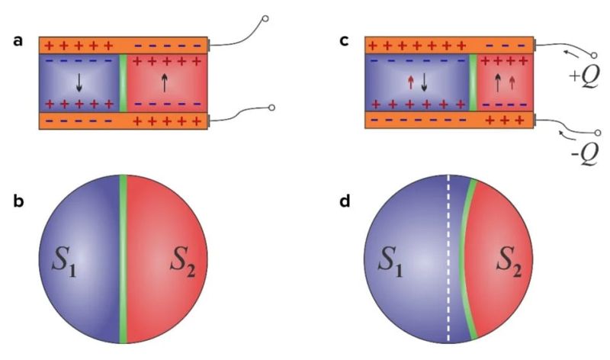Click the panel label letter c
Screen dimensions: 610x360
click(x=344, y=40)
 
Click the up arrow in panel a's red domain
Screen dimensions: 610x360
click(x=165, y=80)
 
